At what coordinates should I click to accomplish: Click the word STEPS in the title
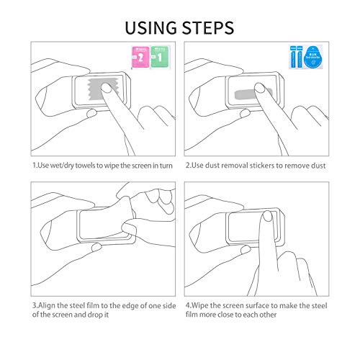pyautogui.click(x=207, y=27)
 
